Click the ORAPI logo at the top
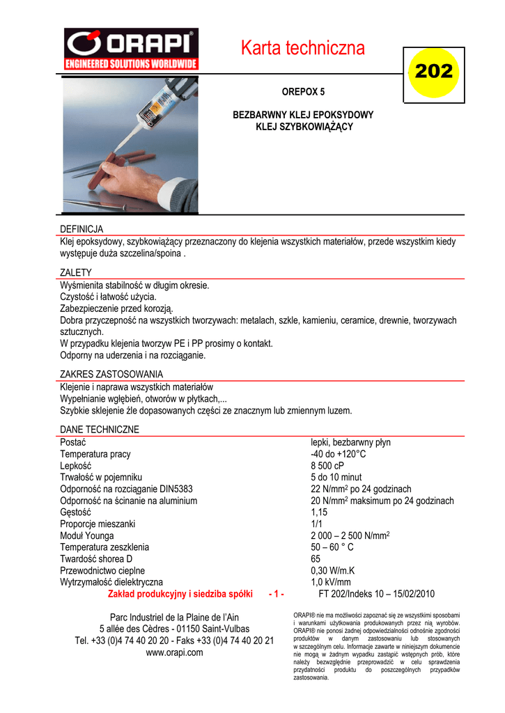(x=132, y=49)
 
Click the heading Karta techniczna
(x=302, y=48)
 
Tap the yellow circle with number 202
(x=434, y=71)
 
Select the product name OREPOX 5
(x=303, y=91)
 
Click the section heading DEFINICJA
(x=81, y=229)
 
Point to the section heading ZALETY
(x=76, y=273)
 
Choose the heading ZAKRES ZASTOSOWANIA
(x=111, y=374)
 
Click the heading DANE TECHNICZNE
(x=100, y=430)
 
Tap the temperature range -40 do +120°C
(x=338, y=454)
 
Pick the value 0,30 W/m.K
(x=332, y=570)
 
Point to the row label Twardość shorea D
(x=96, y=559)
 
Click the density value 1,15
(x=319, y=512)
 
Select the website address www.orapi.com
(x=174, y=652)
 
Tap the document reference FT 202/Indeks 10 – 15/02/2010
(x=376, y=594)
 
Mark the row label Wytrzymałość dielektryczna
(x=111, y=582)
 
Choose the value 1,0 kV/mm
(x=331, y=582)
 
